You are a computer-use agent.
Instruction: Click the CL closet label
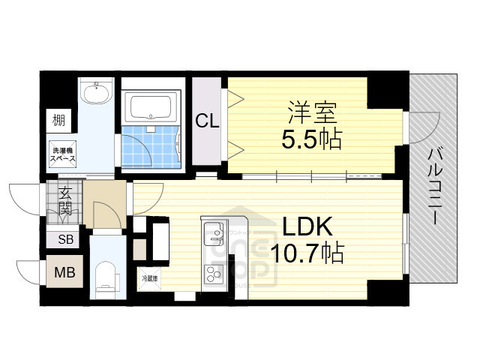point(208,121)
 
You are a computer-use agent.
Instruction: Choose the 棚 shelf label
point(58,119)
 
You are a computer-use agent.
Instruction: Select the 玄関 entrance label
point(65,200)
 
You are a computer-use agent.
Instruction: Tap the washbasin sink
point(97,94)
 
